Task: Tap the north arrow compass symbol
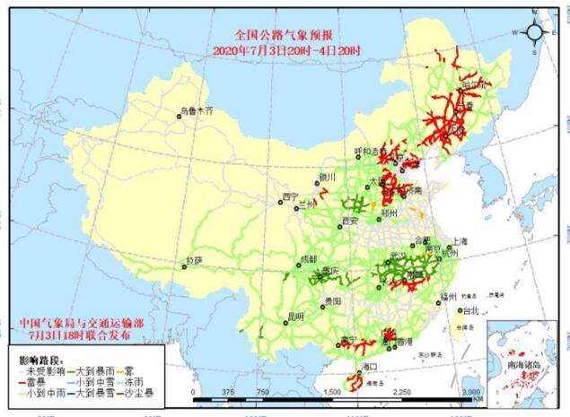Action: click(x=535, y=33)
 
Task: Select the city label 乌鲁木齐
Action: click(x=197, y=112)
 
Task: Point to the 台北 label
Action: click(x=468, y=311)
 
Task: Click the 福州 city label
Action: click(x=449, y=295)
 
